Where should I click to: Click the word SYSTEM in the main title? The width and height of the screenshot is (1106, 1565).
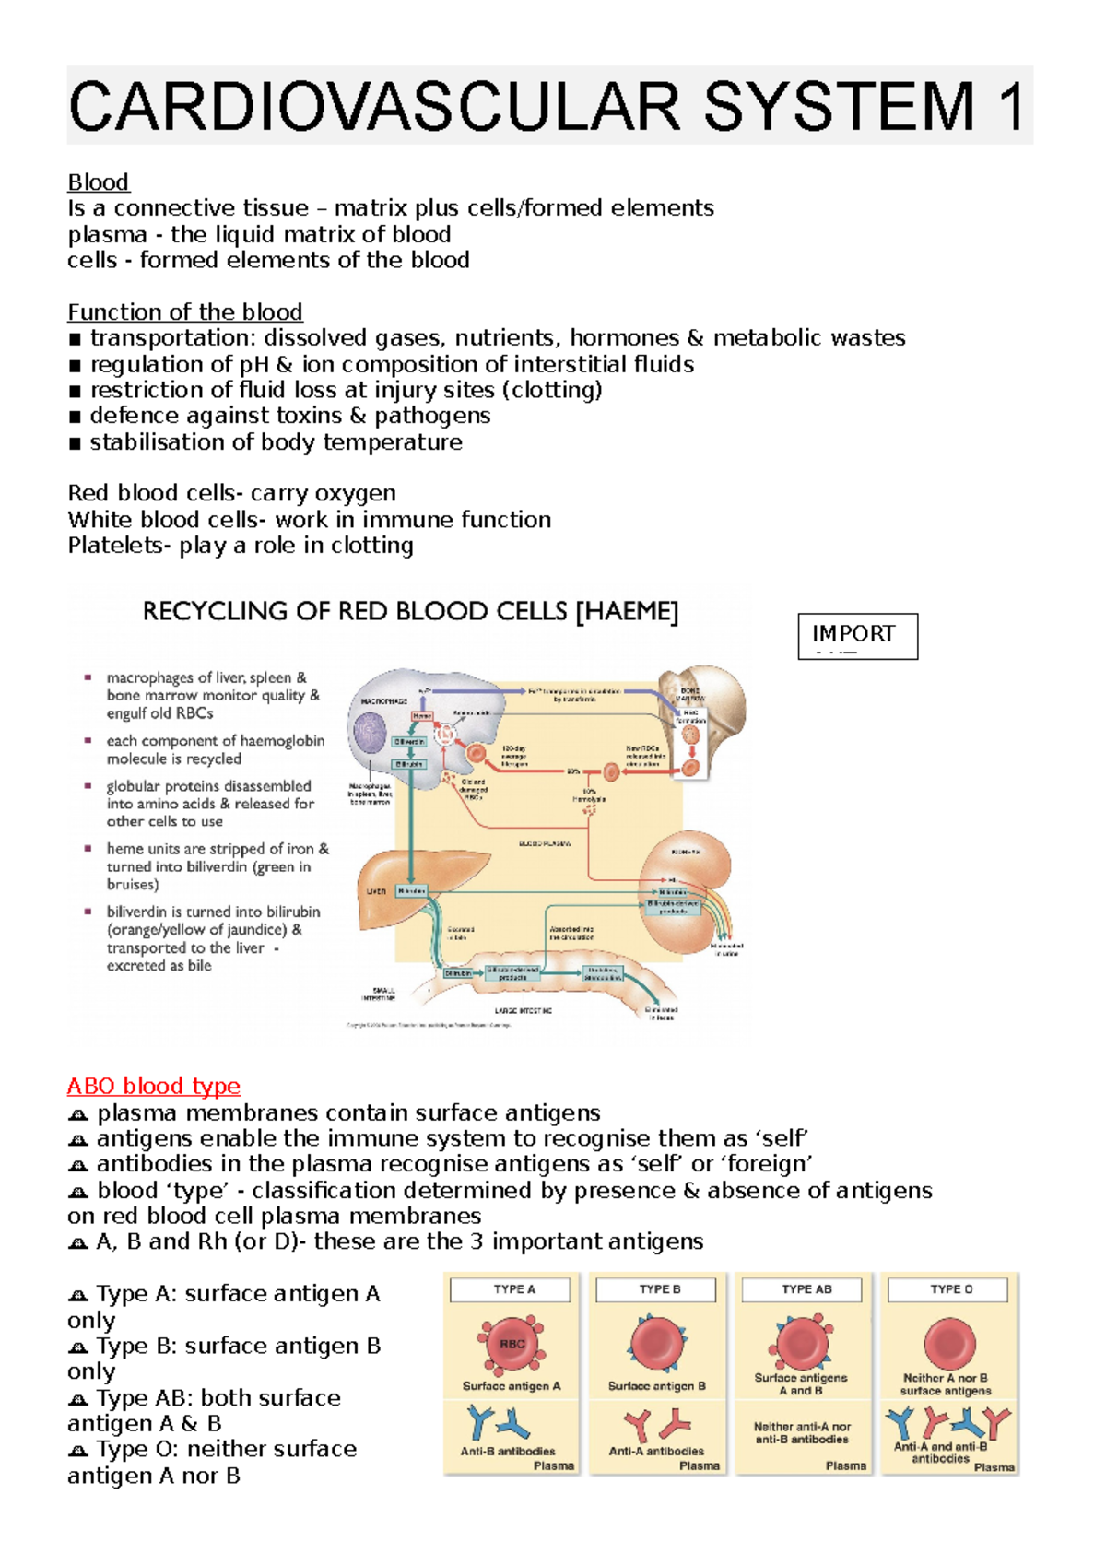click(x=838, y=107)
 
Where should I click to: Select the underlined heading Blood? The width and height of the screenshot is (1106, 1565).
click(x=98, y=182)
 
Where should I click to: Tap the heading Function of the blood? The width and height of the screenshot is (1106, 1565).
click(x=184, y=312)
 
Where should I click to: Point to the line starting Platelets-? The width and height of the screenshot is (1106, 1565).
click(x=240, y=546)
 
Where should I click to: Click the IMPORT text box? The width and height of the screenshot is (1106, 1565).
click(x=857, y=635)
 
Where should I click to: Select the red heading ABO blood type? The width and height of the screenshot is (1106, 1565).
click(x=153, y=1086)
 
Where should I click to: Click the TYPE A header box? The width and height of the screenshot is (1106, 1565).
click(x=513, y=1289)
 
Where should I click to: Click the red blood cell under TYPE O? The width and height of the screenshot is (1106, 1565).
click(x=949, y=1343)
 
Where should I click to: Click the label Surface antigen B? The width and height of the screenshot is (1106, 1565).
click(x=656, y=1386)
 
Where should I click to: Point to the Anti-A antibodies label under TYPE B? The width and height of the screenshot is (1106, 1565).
click(x=656, y=1451)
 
